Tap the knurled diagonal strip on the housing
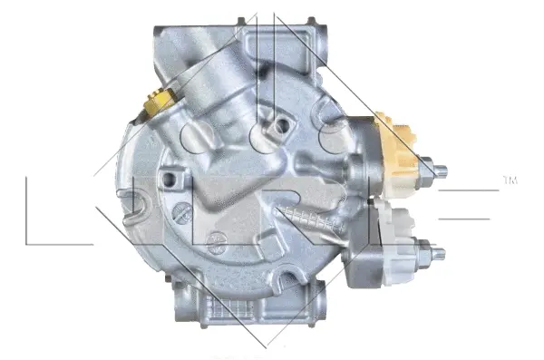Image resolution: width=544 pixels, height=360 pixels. click(x=308, y=222)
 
